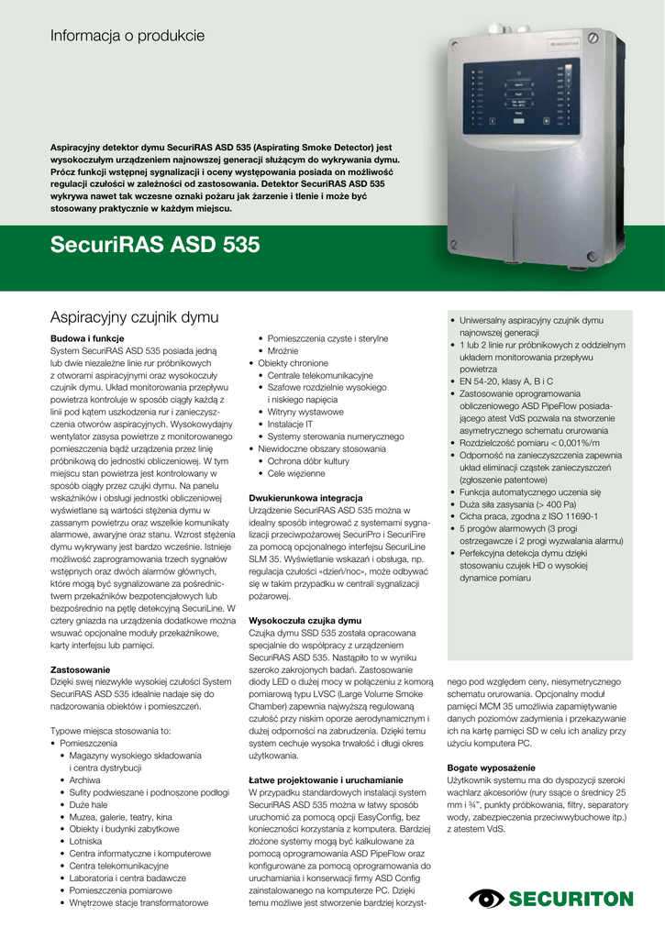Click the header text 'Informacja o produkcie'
coord(127,37)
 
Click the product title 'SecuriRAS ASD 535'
coord(154,245)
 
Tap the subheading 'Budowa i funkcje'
coord(80,339)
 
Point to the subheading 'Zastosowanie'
coord(80,670)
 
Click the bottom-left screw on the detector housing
coord(455,243)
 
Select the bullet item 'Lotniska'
coord(85,840)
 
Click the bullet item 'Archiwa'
coord(84,779)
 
